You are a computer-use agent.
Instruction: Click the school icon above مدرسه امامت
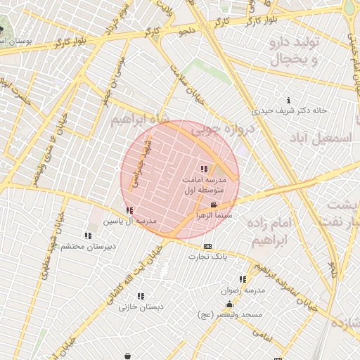(204, 169)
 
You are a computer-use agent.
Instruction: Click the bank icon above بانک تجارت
(207, 246)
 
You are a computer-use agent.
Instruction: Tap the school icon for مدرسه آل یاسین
(129, 210)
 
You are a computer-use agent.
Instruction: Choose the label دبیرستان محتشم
(88, 246)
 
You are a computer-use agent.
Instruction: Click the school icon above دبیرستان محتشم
(88, 236)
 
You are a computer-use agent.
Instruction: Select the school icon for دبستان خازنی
(141, 296)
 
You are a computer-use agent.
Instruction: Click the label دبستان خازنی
(141, 307)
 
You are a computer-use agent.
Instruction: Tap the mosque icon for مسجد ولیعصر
(229, 304)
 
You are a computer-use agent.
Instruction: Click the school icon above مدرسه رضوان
(243, 279)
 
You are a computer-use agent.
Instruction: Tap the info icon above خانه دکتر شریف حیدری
(288, 101)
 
